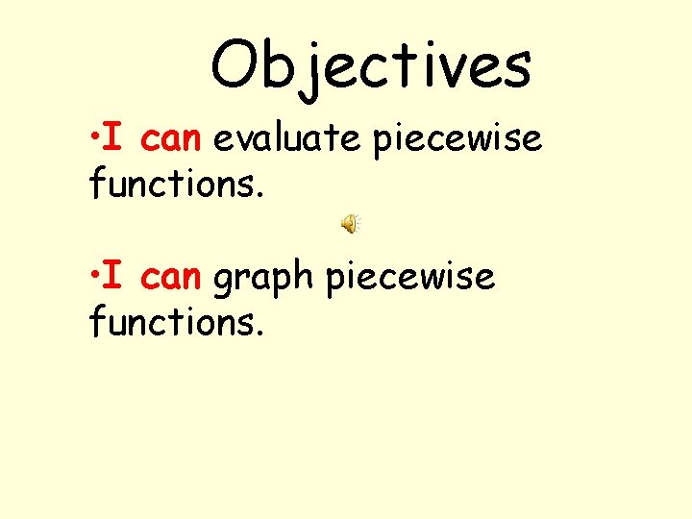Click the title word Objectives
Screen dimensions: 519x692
point(370,65)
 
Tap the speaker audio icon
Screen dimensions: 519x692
point(349,224)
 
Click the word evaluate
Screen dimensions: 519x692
point(286,140)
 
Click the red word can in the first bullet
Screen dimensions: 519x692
point(169,140)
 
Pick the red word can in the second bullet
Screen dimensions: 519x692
point(169,278)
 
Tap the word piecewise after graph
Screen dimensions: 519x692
point(409,279)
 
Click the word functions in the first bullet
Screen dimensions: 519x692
point(174,183)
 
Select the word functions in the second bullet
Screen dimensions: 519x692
point(174,321)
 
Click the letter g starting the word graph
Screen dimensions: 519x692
point(224,282)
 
